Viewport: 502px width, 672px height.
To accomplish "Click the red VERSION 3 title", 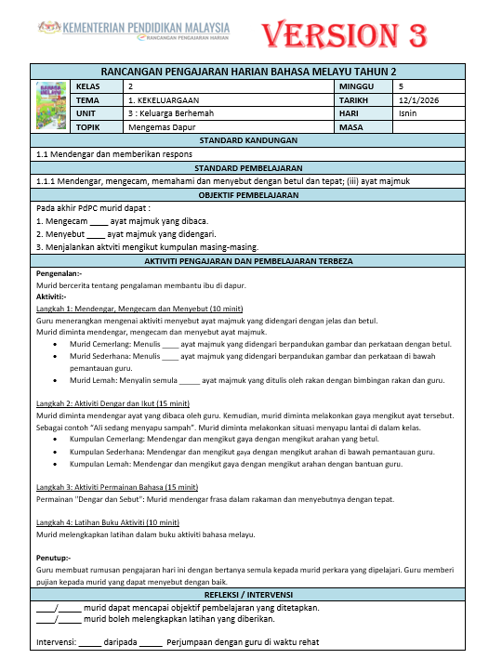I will tap(345, 34).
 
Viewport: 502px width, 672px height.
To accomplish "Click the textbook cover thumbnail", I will tap(50, 106).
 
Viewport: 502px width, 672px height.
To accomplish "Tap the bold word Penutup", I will tap(53, 558).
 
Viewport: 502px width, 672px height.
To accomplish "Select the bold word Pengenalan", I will tap(59, 274).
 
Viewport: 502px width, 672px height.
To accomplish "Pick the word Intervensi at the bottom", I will tap(55, 641).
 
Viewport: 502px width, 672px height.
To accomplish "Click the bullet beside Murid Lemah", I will tap(59, 380).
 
